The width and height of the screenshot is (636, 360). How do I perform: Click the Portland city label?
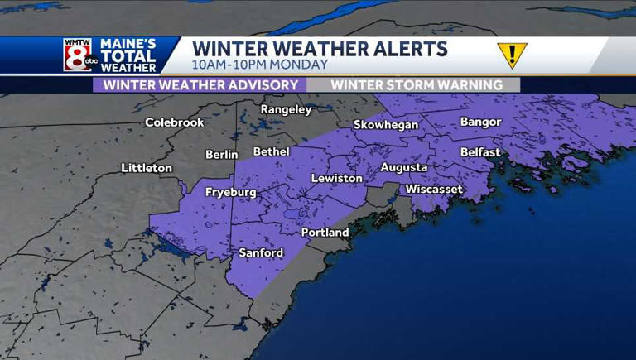pos(325,233)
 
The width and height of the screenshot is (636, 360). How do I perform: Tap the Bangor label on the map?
pos(480,122)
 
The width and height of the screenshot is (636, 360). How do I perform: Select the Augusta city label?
pos(403,167)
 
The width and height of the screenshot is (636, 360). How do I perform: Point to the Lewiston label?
pos(336,178)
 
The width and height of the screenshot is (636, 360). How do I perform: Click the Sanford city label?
pos(260,252)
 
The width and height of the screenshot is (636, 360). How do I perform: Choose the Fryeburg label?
pos(230,192)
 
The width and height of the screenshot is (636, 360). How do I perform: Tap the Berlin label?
pos(222,154)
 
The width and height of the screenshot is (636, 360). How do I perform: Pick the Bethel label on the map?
pos(272,151)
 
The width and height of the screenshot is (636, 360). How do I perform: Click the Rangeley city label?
pos(286,109)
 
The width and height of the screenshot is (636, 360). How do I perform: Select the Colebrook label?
pos(174,122)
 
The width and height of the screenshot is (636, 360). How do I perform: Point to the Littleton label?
pos(147,168)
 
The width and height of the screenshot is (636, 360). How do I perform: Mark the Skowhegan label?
pos(386,125)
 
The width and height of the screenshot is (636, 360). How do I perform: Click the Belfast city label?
pos(480,152)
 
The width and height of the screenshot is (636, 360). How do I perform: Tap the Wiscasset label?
pos(433,190)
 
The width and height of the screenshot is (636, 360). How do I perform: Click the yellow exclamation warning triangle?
pos(512,55)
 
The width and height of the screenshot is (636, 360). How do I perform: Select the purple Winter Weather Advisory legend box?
pos(200,84)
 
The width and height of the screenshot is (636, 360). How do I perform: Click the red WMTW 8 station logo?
pos(78,55)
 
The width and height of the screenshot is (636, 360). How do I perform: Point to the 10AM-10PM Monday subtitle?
pos(259,65)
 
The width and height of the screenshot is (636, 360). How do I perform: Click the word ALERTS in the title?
pos(400,48)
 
